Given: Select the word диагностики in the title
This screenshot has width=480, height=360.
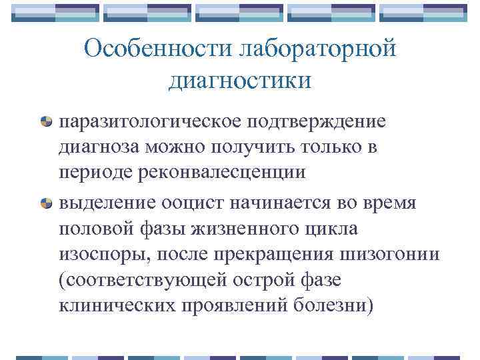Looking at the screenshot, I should point(240,81).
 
